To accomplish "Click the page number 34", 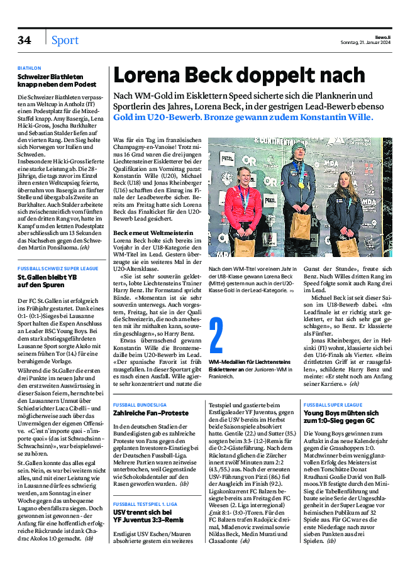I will (24, 40).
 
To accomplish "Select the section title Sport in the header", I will (65, 40).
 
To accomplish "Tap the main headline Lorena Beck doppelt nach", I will (238, 75).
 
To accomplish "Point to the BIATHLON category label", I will (30, 68).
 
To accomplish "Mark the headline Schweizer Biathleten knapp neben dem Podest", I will (57, 80).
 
